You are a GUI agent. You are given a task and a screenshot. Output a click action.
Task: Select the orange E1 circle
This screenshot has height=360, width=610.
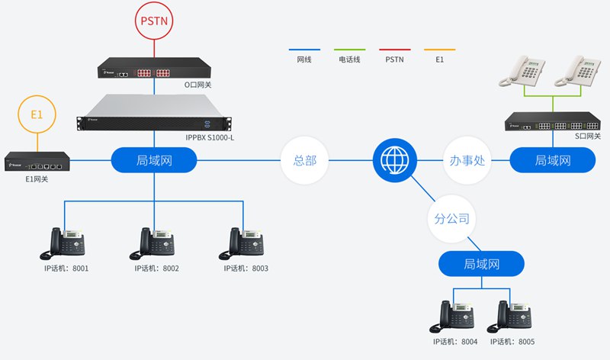click(37, 114)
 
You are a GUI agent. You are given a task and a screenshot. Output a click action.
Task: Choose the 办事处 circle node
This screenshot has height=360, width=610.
click(467, 161)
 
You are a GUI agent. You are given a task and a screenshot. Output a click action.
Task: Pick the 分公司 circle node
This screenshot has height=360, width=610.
click(447, 220)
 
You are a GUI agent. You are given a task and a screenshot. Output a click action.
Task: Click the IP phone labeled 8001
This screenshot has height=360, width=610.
click(63, 243)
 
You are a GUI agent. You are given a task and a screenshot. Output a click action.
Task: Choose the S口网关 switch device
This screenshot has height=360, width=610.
click(552, 121)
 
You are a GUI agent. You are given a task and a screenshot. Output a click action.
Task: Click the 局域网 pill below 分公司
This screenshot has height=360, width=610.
click(481, 265)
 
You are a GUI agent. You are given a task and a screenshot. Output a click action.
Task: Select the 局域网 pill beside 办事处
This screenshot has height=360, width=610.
click(552, 161)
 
